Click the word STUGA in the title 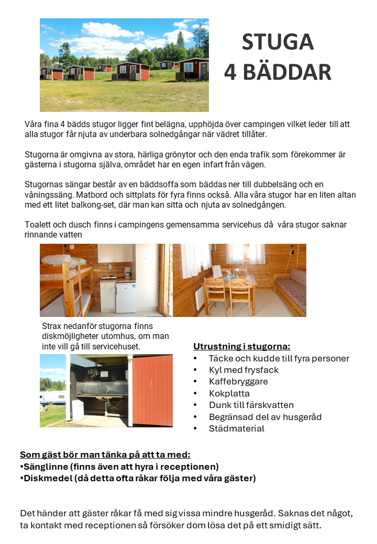(x=278, y=42)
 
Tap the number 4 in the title (x=230, y=73)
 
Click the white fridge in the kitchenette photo (x=125, y=296)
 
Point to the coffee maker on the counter (x=127, y=271)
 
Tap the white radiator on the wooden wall (x=199, y=298)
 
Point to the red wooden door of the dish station (x=153, y=390)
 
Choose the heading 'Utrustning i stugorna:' (x=241, y=346)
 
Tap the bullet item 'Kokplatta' (x=229, y=393)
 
